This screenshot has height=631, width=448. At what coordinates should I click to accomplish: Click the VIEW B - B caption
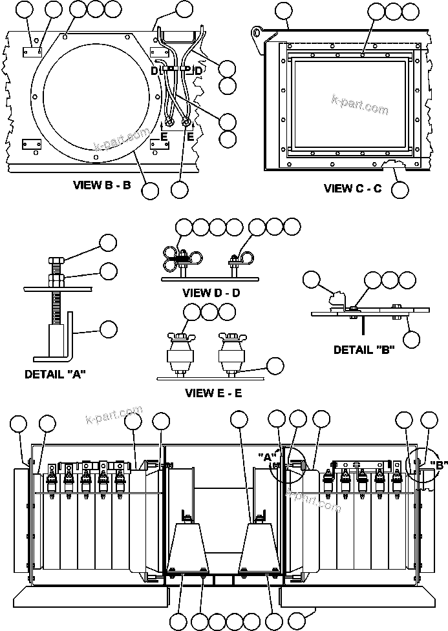click(102, 185)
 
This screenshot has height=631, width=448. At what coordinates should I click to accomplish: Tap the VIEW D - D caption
click(211, 293)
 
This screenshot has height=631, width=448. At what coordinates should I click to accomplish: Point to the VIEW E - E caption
click(213, 393)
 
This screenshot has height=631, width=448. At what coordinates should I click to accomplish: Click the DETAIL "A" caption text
click(54, 374)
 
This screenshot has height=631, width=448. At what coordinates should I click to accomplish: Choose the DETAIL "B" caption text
click(363, 350)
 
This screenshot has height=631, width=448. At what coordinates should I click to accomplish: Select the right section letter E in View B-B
click(190, 137)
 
